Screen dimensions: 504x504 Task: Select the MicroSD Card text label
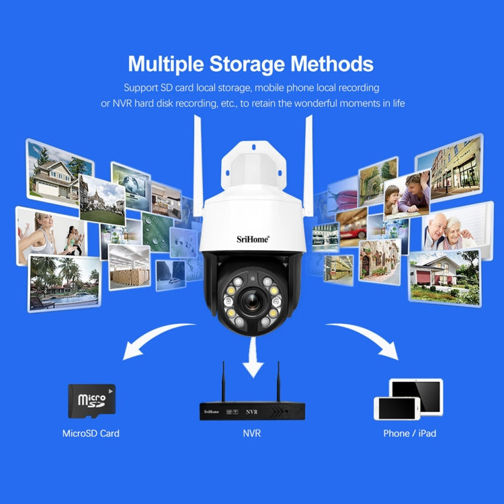tap(91, 433)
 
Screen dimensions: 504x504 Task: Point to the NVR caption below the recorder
tap(251, 433)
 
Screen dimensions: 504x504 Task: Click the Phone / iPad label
tap(409, 433)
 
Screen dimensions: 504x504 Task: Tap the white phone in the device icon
tap(396, 408)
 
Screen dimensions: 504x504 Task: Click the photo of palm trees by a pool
tap(64, 282)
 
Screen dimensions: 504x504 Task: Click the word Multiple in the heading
tap(165, 64)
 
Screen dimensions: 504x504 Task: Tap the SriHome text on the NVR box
tap(211, 410)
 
